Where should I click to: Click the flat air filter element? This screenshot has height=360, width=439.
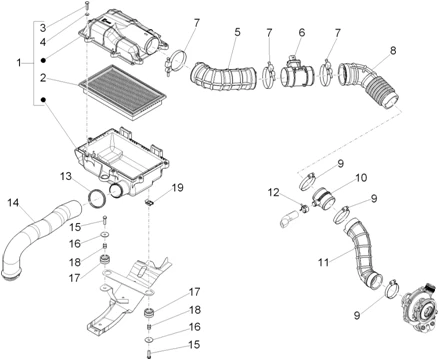click(x=122, y=92)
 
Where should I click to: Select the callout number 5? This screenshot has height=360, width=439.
click(x=237, y=32)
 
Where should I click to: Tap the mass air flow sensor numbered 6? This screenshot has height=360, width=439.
click(x=297, y=73)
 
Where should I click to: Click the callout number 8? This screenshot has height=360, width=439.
click(x=393, y=51)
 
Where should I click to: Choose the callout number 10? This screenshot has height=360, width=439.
click(x=361, y=178)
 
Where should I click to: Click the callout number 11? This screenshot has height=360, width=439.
click(x=323, y=262)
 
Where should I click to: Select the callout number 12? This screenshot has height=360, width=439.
click(x=274, y=192)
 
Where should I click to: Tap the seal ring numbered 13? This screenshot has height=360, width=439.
click(x=97, y=199)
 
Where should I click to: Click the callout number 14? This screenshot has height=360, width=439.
click(x=13, y=203)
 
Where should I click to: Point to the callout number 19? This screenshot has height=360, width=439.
click(x=177, y=187)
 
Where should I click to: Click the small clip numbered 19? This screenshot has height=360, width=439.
click(x=150, y=202)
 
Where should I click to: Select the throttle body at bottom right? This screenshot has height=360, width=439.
click(x=419, y=309)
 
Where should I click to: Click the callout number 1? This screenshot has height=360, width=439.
click(x=19, y=62)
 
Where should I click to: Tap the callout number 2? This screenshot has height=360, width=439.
click(x=43, y=78)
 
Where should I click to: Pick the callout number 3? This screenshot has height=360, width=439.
click(x=43, y=28)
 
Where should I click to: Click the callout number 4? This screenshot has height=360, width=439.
click(x=43, y=42)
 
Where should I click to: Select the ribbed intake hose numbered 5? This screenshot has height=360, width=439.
click(x=223, y=76)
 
